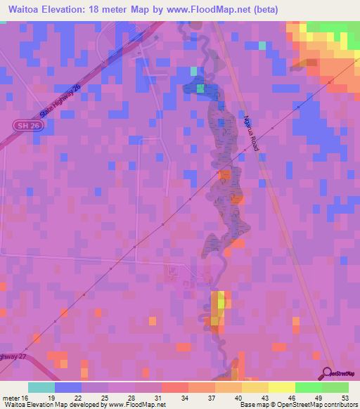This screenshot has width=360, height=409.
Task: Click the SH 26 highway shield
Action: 23,125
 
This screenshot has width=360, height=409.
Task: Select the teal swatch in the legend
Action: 41,387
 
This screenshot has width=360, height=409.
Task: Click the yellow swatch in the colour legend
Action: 281,387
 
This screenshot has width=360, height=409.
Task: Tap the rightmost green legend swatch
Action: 335,387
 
